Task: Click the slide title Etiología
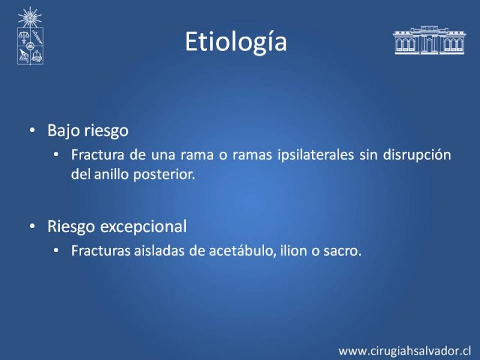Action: [x=236, y=42]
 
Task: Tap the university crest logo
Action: [x=30, y=36]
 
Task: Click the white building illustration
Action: [x=429, y=40]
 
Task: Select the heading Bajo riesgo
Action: [x=88, y=131]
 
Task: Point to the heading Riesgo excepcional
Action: [x=117, y=227]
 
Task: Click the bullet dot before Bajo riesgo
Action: [x=32, y=130]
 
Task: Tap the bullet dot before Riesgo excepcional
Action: [x=32, y=226]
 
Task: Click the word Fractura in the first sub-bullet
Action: [x=98, y=155]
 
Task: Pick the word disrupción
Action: [x=417, y=155]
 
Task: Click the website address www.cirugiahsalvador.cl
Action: [x=404, y=350]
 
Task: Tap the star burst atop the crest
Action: [x=29, y=17]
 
